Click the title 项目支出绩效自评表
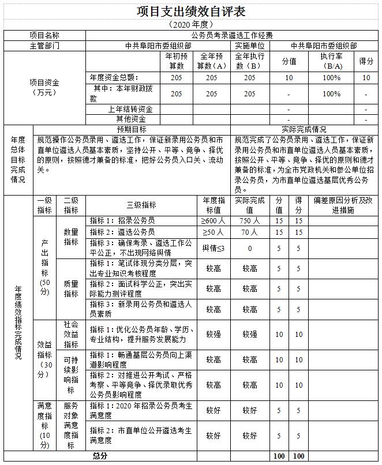click(x=190, y=12)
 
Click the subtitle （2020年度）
click(x=190, y=25)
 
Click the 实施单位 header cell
click(x=250, y=46)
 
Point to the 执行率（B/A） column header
click(x=331, y=61)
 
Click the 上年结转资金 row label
click(x=130, y=109)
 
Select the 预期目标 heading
click(x=132, y=130)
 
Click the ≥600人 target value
click(x=214, y=220)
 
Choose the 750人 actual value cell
click(x=250, y=220)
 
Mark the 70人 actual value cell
click(x=250, y=232)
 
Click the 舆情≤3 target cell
click(x=214, y=248)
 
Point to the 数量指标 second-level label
click(x=71, y=237)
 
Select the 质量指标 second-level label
click(x=71, y=289)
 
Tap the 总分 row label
click(x=100, y=456)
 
